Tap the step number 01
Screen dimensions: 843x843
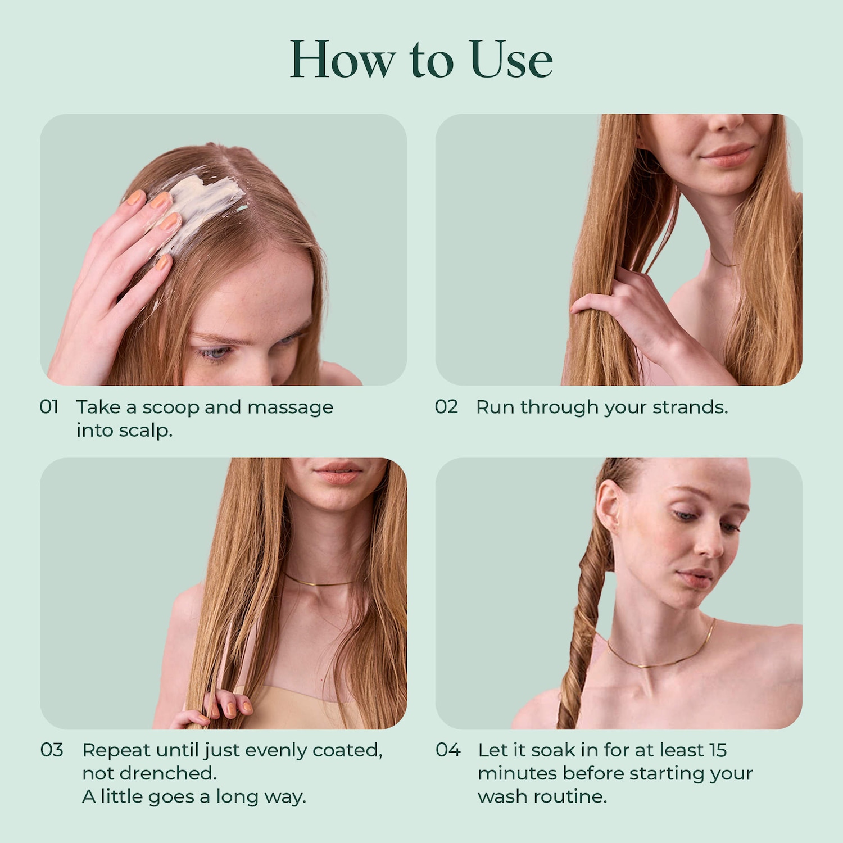(x=49, y=406)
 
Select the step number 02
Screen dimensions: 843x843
(x=446, y=406)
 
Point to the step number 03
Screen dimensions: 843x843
(x=52, y=750)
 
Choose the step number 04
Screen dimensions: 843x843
(x=448, y=750)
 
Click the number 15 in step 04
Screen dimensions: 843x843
(x=718, y=750)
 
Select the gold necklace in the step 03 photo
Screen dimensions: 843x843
(x=320, y=582)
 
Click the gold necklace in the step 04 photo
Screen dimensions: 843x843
(x=660, y=652)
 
